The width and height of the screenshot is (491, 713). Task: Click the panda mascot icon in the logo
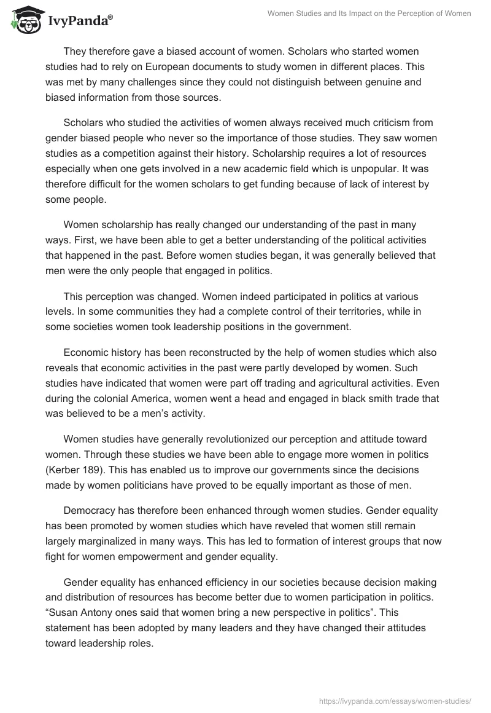[25, 20]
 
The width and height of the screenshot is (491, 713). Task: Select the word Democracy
[91, 511]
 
